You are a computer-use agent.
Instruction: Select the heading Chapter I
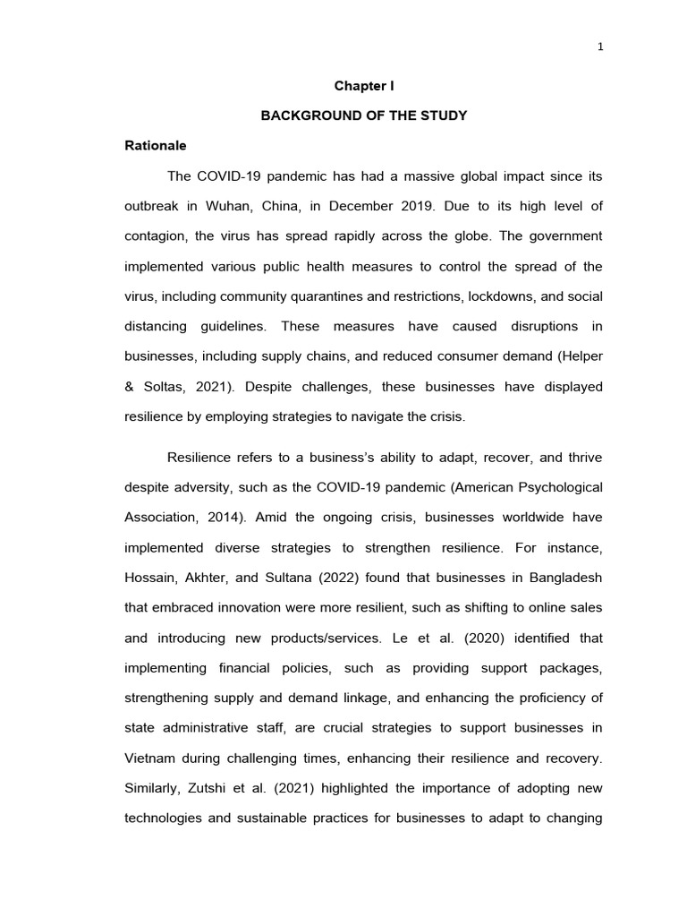[x=364, y=86]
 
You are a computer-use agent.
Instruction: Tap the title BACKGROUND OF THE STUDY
[x=364, y=116]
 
